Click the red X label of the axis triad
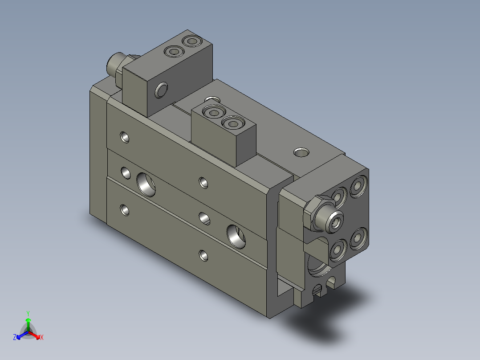click(42, 337)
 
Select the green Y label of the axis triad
click(28, 313)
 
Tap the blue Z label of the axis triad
click(15, 337)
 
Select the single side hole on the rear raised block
click(161, 90)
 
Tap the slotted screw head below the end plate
click(317, 289)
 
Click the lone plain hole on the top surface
click(301, 152)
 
